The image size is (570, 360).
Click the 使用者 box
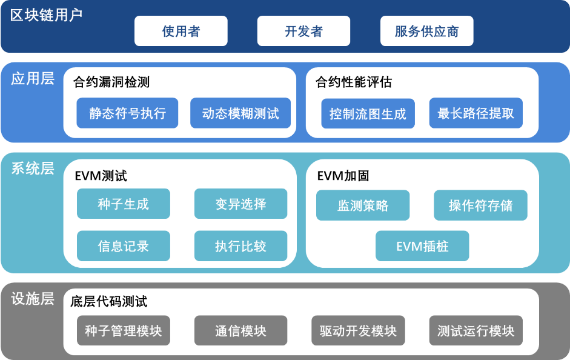[181, 31]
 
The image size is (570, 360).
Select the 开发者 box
[303, 31]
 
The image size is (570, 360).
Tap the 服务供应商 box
[427, 31]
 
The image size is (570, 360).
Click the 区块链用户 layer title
[46, 15]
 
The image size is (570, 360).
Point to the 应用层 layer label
[33, 79]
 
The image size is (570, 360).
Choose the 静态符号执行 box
[127, 113]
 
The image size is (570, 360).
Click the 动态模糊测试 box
[240, 113]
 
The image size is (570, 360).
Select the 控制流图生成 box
[368, 113]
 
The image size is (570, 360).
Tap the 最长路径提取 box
[476, 113]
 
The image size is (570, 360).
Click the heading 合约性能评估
[354, 82]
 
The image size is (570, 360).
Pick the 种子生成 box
[123, 204]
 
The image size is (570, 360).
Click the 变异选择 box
[240, 204]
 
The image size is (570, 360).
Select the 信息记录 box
[123, 246]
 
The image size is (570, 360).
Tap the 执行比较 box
[240, 246]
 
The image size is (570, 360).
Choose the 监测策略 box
[363, 205]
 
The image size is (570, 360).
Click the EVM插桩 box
[422, 246]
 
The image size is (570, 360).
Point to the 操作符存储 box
[480, 205]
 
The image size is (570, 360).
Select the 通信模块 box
[240, 330]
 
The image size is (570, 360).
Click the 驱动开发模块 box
[358, 330]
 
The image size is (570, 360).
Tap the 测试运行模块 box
[476, 330]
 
